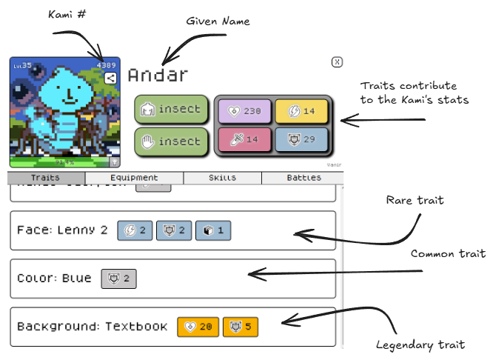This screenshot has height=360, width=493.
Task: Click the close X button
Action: click(337, 62)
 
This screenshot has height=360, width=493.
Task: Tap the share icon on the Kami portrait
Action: click(110, 78)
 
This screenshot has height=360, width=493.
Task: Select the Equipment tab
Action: click(134, 178)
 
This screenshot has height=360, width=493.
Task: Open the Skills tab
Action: click(222, 178)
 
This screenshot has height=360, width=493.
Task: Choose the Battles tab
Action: click(303, 178)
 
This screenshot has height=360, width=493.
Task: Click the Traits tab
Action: click(46, 178)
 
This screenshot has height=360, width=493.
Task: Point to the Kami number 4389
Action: click(107, 65)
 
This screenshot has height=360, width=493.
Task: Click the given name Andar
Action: click(158, 75)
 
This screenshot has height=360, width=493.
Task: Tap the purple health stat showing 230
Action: click(244, 111)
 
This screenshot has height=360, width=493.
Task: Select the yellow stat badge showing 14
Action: click(301, 111)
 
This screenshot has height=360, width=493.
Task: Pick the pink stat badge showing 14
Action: click(244, 139)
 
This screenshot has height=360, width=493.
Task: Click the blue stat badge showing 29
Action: click(301, 139)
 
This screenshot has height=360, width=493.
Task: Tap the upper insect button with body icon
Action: click(171, 110)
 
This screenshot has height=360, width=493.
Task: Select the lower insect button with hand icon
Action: click(171, 141)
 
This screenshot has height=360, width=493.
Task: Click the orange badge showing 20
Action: click(198, 327)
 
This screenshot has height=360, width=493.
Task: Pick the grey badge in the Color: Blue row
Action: click(119, 279)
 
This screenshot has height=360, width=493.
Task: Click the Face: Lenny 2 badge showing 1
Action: click(213, 230)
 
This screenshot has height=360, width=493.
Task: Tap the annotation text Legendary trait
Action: click(420, 345)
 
